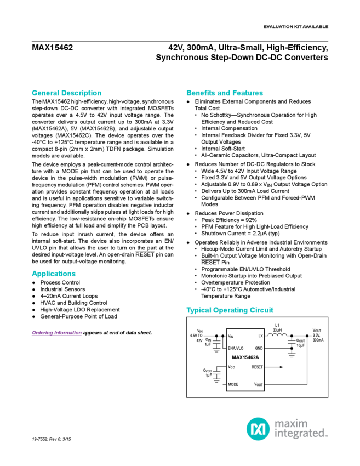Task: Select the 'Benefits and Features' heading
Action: tap(225, 93)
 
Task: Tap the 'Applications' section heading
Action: tap(54, 274)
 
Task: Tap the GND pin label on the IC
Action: tap(259, 348)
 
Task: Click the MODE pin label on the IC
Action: tap(233, 384)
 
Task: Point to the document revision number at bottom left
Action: tap(55, 439)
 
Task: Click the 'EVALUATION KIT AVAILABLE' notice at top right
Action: tap(295, 27)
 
